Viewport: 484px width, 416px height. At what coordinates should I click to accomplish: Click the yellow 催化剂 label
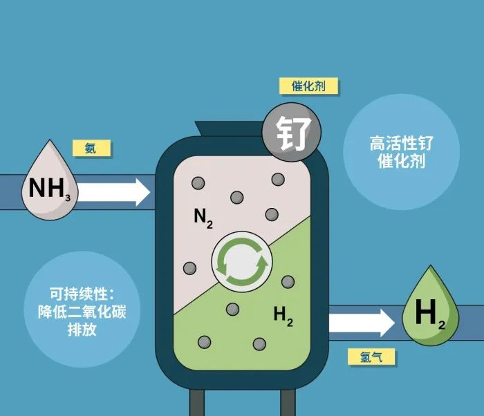pos(308,86)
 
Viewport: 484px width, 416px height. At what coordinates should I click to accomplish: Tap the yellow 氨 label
pos(91,148)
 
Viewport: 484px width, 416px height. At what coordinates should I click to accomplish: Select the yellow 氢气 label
pos(369,357)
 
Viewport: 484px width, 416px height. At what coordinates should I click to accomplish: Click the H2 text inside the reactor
pos(283,316)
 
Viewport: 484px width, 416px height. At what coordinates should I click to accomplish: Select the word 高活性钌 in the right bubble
pos(401,144)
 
